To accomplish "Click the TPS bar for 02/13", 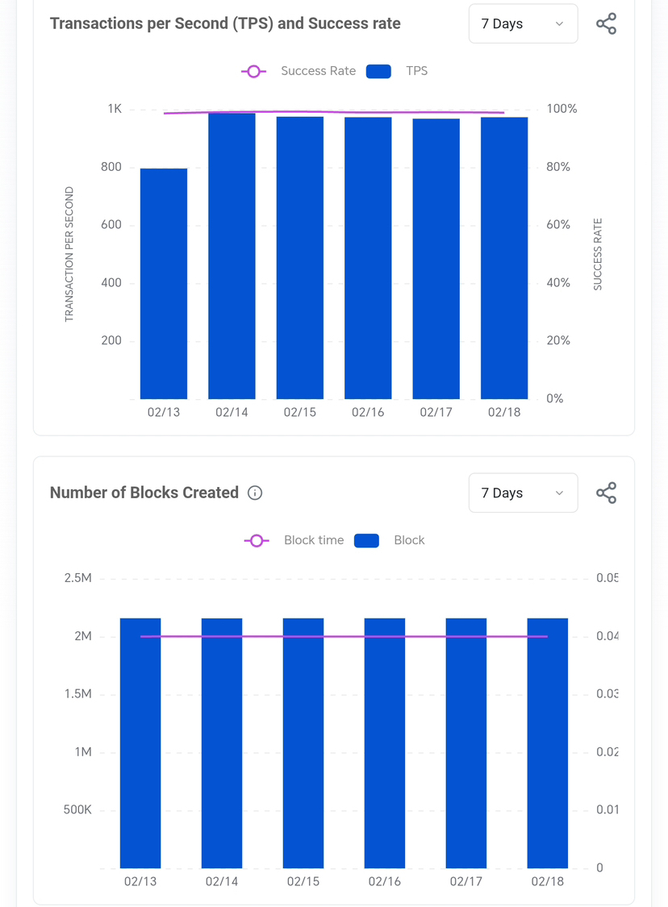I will [164, 283].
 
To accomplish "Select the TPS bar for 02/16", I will [368, 258].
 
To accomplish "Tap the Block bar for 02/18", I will [548, 743].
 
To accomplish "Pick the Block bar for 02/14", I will [222, 743].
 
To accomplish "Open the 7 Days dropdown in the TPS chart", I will [523, 23].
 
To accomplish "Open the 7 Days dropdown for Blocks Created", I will [523, 493].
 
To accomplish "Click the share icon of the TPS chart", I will [606, 23].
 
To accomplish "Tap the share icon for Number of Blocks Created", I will [606, 493].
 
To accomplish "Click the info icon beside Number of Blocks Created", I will [255, 493].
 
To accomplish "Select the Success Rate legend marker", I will [253, 71].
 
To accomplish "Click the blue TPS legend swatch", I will [378, 71].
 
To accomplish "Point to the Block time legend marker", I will [257, 540].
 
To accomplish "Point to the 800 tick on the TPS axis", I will [111, 167].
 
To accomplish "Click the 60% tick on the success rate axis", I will [558, 225].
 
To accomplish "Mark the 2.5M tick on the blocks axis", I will [78, 578].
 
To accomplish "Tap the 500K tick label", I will [77, 809].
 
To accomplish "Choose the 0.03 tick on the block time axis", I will [607, 694].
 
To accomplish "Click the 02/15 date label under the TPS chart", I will [300, 412].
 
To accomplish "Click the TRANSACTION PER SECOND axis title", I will [69, 255].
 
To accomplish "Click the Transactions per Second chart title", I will [225, 23].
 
